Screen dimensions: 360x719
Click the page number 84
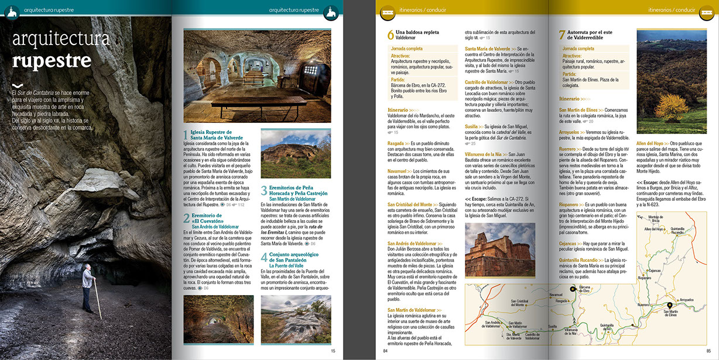tap(385, 351)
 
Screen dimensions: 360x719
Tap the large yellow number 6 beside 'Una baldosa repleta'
tap(391, 35)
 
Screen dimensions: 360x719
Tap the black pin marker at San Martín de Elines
tap(670, 306)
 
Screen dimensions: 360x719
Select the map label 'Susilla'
tap(552, 326)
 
